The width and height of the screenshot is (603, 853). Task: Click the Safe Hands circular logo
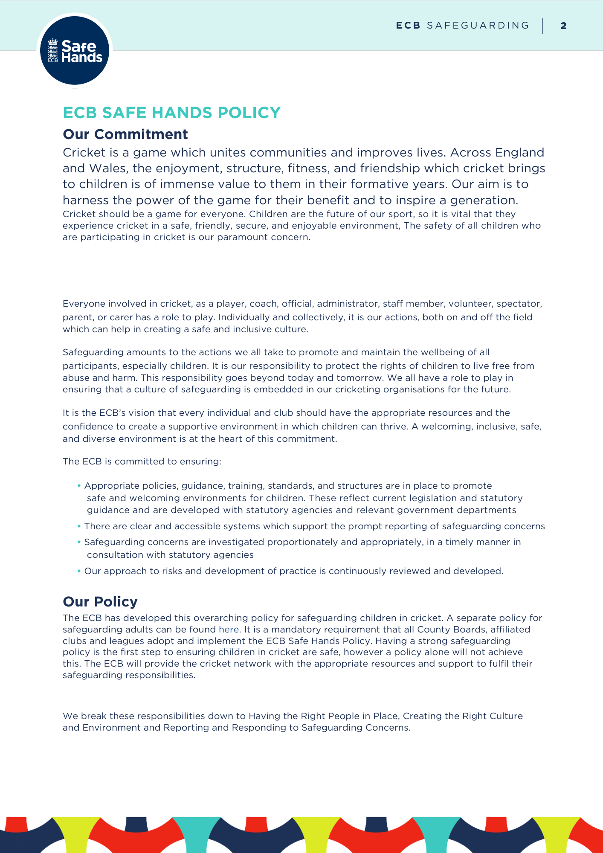click(x=75, y=50)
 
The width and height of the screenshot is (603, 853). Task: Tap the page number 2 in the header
click(x=563, y=26)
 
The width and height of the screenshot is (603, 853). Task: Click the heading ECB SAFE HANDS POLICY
click(x=171, y=113)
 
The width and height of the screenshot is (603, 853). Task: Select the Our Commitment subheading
click(x=125, y=134)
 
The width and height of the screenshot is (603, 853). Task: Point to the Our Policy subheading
click(x=100, y=602)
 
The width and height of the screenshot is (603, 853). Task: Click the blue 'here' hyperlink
click(x=229, y=630)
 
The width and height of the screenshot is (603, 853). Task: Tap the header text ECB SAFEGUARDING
click(x=462, y=26)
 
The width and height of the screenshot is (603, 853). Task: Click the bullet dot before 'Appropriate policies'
click(x=79, y=486)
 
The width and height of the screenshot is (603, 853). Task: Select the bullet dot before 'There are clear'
click(x=79, y=526)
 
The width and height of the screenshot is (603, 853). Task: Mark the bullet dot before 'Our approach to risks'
click(x=79, y=571)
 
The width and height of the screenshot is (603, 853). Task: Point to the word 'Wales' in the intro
click(x=107, y=168)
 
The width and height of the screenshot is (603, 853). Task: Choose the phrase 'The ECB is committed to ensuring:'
click(x=142, y=461)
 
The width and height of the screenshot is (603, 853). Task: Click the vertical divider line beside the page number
click(x=543, y=26)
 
